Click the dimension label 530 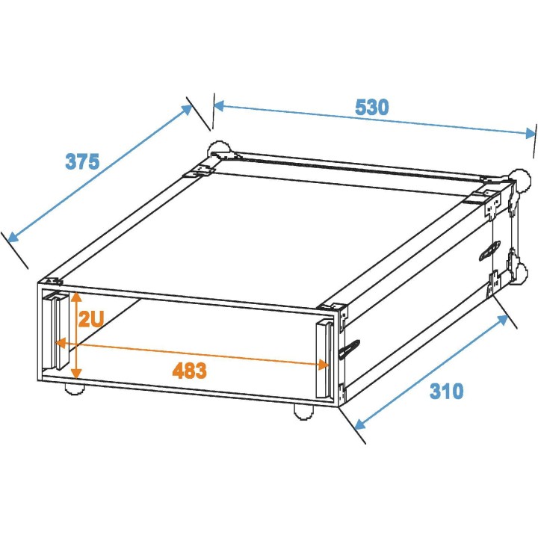(x=371, y=107)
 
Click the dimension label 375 (x=82, y=161)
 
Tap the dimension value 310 (x=446, y=391)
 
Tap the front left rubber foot (x=72, y=389)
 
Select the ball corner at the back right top (x=517, y=178)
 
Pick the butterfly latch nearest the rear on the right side (x=489, y=251)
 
